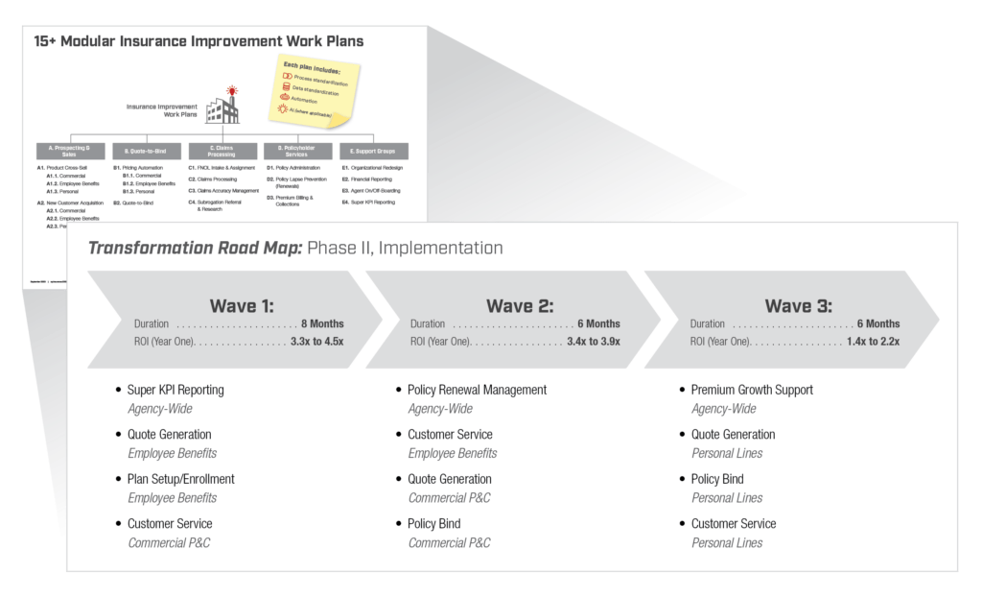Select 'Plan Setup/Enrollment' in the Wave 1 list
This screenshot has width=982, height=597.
pos(180,479)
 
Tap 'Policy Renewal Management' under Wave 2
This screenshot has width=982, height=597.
pos(477,391)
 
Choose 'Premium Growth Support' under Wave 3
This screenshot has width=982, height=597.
pos(752,391)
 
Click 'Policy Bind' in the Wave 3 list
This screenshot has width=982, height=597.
pos(717,479)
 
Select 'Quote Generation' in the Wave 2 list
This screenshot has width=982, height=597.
pos(450,479)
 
